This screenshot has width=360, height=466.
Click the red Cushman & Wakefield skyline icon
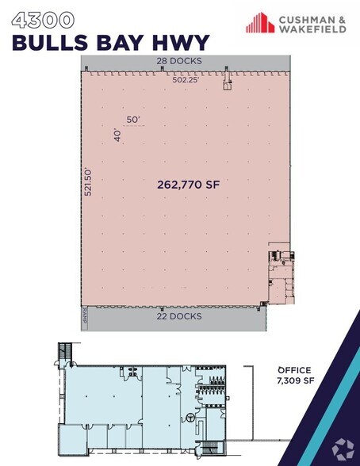pyautogui.click(x=260, y=24)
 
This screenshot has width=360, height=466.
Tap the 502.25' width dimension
pyautogui.click(x=189, y=79)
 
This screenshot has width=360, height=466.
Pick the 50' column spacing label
pyautogui.click(x=132, y=120)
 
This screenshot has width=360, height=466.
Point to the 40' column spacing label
pyautogui.click(x=117, y=136)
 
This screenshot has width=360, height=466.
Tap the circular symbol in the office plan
pyautogui.click(x=191, y=417)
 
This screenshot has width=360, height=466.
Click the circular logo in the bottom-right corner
pyautogui.click(x=343, y=448)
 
